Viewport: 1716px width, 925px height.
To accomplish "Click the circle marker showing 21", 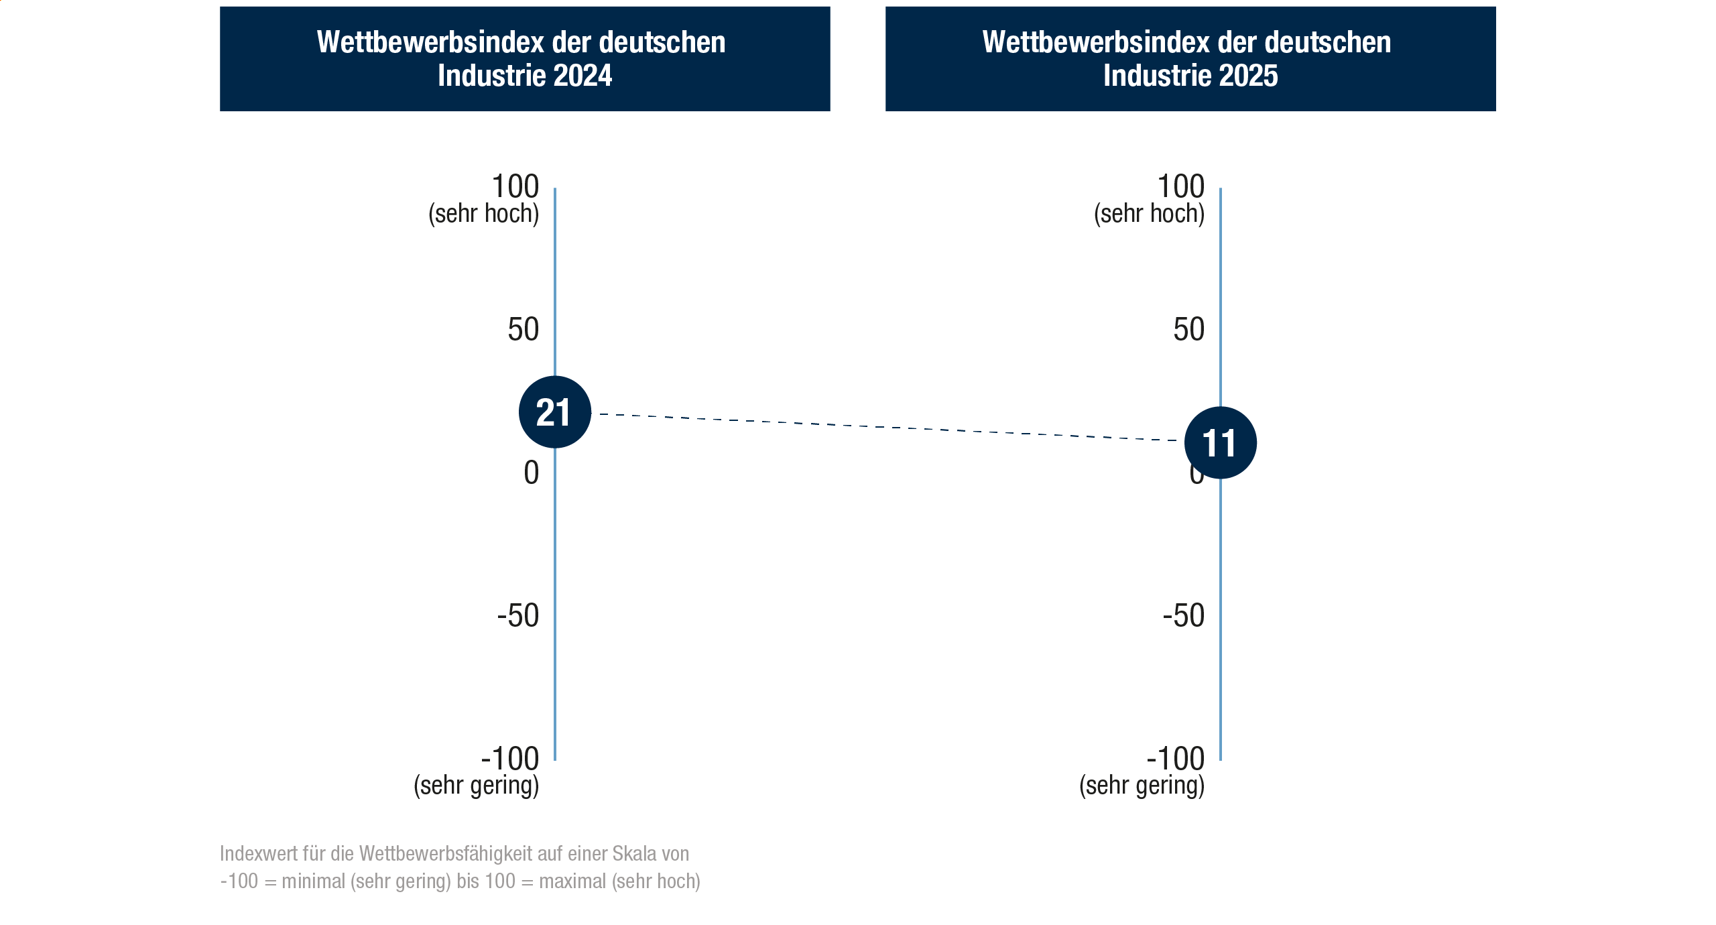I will (x=554, y=412).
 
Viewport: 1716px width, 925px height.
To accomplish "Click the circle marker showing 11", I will (x=1220, y=443).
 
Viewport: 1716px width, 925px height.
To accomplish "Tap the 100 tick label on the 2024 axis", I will (x=515, y=186).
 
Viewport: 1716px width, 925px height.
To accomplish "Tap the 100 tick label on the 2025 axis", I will (x=1180, y=186).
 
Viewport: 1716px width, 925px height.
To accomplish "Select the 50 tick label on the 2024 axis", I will (x=523, y=330).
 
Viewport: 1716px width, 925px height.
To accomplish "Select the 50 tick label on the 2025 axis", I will (x=1188, y=330).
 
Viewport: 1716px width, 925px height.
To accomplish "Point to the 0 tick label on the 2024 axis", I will (x=531, y=473).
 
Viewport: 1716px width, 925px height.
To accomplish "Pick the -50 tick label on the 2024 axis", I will (x=517, y=615).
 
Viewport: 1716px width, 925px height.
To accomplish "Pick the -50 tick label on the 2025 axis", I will (x=1183, y=615).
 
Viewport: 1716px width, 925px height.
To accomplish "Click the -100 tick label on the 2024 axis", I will (x=509, y=759).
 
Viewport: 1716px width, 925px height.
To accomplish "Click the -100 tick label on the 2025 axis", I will (x=1175, y=759).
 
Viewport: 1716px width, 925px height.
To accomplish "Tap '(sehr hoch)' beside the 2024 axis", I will (x=483, y=214).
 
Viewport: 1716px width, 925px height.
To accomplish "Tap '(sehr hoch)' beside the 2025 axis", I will (x=1149, y=214).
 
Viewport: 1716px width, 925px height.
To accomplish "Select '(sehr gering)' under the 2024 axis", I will (x=476, y=785).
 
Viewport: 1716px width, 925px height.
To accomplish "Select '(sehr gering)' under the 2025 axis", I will (x=1142, y=785).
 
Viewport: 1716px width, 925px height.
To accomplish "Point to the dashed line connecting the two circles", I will (x=885, y=428).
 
